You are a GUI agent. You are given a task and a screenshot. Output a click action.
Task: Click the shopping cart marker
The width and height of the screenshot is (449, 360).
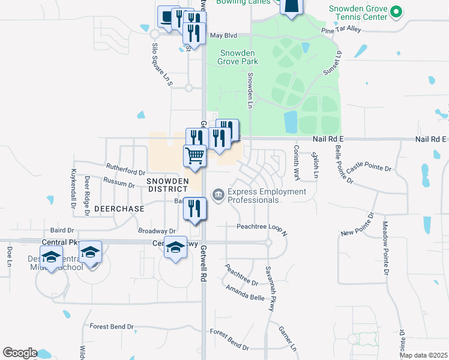(x=195, y=156)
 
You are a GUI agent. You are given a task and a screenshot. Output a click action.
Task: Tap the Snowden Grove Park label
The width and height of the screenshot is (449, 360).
(x=239, y=57)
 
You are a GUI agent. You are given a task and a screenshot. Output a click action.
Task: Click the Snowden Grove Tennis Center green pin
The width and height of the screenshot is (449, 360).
(x=396, y=11)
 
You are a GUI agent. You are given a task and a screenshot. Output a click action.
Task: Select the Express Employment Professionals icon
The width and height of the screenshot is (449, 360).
(x=218, y=193)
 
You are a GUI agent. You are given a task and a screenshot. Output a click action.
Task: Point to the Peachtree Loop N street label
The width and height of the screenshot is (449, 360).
(x=262, y=227)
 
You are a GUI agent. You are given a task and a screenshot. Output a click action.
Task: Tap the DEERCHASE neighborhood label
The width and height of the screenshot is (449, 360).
(x=119, y=209)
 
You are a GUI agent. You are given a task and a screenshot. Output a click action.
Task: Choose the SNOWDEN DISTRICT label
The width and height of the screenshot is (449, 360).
(x=167, y=185)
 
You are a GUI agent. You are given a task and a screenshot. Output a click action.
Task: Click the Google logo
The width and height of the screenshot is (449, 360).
(x=20, y=353)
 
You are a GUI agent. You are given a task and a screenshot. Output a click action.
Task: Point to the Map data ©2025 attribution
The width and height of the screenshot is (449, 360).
(x=423, y=355)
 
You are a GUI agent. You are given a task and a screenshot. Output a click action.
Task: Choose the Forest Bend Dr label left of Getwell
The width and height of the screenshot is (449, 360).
(x=112, y=326)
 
